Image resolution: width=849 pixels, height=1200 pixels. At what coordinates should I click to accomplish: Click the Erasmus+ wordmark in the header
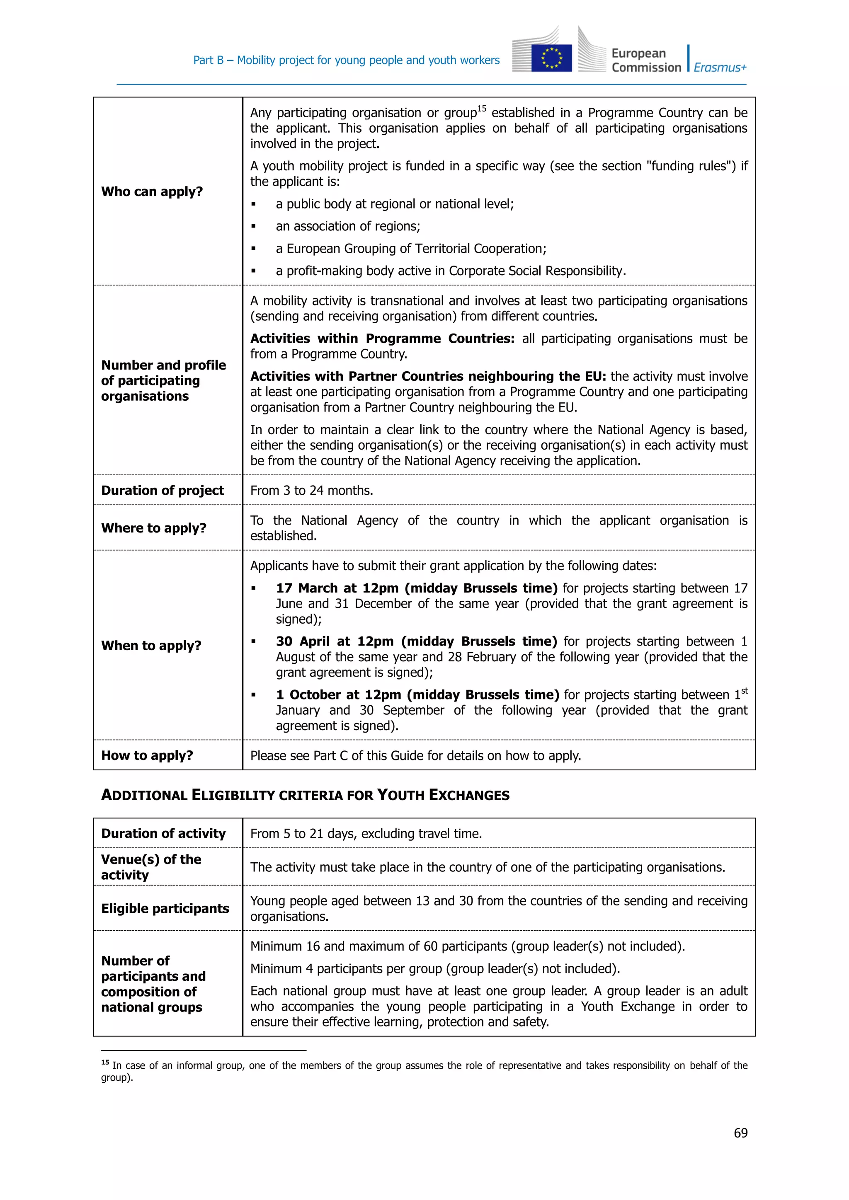720,68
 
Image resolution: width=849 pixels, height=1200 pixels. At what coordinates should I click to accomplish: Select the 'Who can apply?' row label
152,191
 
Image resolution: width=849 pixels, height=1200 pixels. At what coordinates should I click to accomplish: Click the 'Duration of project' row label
162,490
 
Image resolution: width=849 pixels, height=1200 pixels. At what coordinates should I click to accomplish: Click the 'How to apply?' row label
147,755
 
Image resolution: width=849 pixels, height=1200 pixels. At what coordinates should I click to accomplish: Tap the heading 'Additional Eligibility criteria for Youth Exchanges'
305,795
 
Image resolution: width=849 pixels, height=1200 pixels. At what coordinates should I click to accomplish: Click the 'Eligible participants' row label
165,908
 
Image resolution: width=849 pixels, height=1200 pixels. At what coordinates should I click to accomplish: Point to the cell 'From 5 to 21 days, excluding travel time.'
366,833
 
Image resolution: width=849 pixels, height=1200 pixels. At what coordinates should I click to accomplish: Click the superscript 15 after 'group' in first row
481,109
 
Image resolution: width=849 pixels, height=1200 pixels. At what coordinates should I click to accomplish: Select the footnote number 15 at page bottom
105,1062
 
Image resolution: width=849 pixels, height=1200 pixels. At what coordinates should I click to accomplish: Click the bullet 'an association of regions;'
348,226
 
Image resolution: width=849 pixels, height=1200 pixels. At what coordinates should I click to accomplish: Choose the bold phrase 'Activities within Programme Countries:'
382,339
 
